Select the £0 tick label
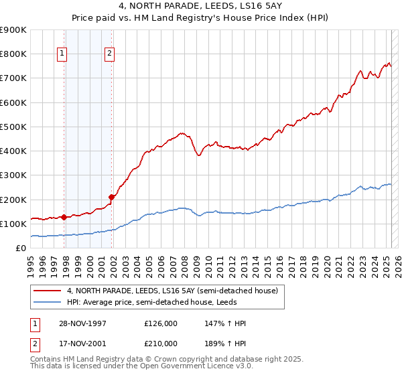coord(21,248)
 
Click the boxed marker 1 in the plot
coord(62,55)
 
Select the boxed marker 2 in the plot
coord(109,55)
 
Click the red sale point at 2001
coord(111,197)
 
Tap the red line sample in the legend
coord(47,290)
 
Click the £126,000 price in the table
coord(161,323)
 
